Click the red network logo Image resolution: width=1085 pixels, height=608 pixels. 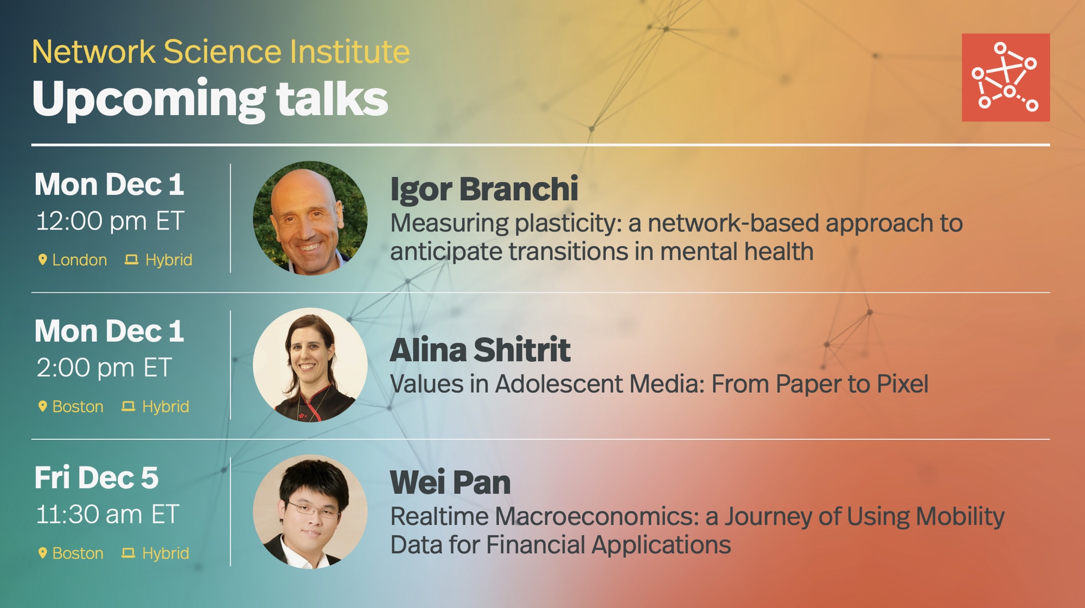coord(1006,78)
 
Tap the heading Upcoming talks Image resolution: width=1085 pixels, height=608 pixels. coord(210,99)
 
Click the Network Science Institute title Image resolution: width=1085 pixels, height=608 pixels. coord(221,52)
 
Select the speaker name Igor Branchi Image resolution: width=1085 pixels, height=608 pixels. coord(484,189)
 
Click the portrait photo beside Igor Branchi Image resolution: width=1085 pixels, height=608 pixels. coord(310,218)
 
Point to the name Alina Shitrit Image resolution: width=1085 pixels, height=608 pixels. coord(480,350)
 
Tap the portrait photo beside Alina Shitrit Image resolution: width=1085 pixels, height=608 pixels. coord(310,365)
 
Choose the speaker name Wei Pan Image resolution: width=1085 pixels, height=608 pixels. coord(450,482)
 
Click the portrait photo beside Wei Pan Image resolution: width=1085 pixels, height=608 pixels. coord(310,511)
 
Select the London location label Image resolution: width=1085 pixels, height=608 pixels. coord(79,260)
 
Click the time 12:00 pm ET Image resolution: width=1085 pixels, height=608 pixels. coord(110,221)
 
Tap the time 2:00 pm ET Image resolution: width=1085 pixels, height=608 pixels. coord(104,368)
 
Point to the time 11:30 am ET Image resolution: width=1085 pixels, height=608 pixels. coord(107,514)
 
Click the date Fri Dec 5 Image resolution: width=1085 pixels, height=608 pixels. coord(97,478)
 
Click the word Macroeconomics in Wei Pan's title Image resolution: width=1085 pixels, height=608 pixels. coord(597,516)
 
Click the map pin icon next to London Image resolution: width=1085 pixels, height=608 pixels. coord(42,260)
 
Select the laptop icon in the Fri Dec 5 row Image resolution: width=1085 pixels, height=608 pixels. coord(128,553)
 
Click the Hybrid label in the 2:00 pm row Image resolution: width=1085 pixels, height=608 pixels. coord(165,407)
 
